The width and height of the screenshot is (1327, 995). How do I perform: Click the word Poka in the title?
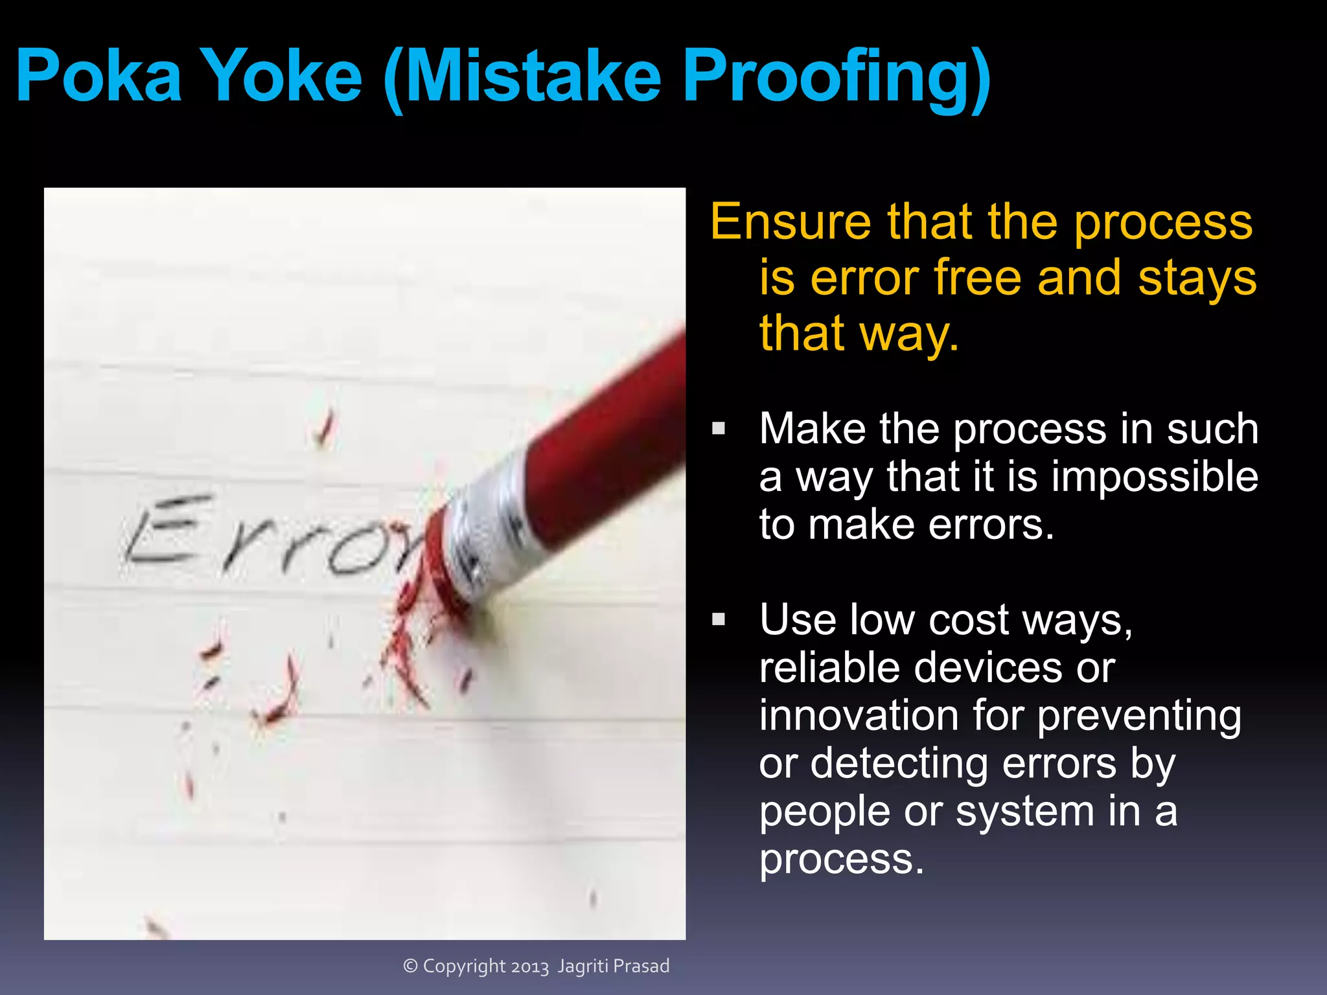(x=98, y=76)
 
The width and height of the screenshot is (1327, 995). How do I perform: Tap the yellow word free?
(x=978, y=277)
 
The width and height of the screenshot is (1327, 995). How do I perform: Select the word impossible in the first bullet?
(x=1155, y=477)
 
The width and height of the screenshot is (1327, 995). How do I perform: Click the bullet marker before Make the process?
(x=719, y=428)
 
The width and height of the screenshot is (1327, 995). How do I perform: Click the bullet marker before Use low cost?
(x=719, y=619)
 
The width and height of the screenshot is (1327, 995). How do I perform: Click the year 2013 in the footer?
(x=529, y=966)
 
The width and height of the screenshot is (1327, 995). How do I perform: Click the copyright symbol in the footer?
(x=410, y=966)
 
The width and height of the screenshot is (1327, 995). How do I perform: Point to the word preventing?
(x=1139, y=716)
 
